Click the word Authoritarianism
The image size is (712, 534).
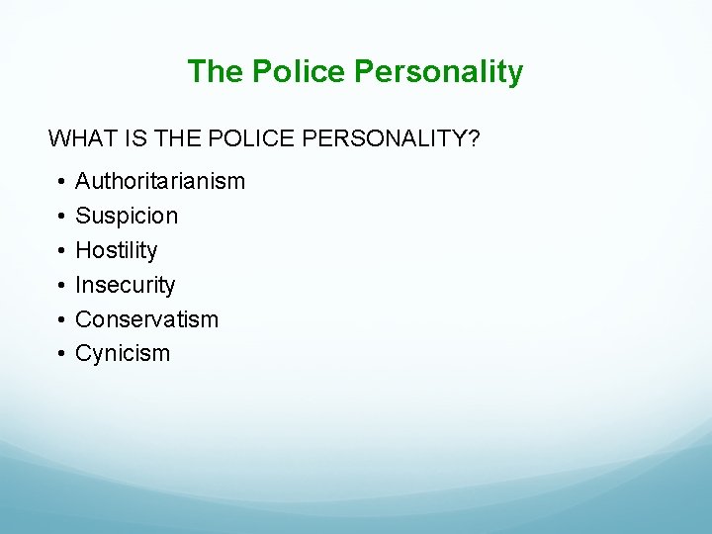click(x=160, y=181)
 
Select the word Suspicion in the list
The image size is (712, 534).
click(x=127, y=216)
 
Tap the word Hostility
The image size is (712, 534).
click(x=117, y=250)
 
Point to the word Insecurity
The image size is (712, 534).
click(x=126, y=285)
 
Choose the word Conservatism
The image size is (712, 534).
click(x=147, y=319)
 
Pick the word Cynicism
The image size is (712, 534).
click(x=123, y=354)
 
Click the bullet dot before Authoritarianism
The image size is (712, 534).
click(x=60, y=182)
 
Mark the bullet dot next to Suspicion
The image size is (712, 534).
click(x=60, y=217)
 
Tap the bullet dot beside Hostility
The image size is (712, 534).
click(x=60, y=251)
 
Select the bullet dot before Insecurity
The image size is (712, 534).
click(x=60, y=286)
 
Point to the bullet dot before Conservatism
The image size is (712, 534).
click(x=60, y=320)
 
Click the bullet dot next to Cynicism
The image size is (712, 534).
click(x=60, y=355)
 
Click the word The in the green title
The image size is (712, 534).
click(x=216, y=71)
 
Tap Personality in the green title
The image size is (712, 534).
click(x=438, y=71)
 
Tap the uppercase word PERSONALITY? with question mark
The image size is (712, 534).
click(x=392, y=138)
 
